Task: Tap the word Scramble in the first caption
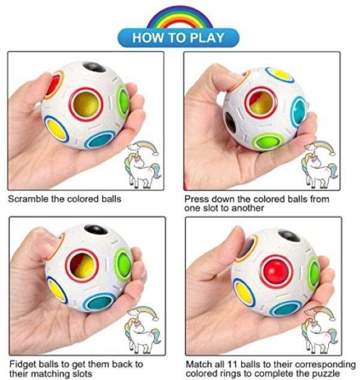click(29, 199)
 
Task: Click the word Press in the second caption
click(196, 199)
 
